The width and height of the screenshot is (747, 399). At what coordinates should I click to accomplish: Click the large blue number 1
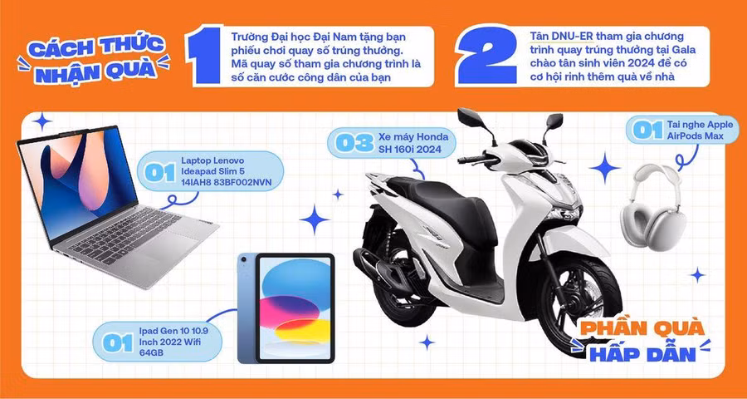tap(204, 56)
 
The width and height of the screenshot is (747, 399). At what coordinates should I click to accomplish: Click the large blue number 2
tap(487, 56)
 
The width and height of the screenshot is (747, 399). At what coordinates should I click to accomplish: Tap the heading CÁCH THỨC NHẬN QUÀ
tap(95, 60)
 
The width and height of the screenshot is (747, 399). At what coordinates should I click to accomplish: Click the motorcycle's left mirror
tap(469, 117)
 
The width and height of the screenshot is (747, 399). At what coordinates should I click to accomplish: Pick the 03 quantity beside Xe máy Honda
tap(354, 143)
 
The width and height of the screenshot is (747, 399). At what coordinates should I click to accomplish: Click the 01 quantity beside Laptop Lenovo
tap(160, 172)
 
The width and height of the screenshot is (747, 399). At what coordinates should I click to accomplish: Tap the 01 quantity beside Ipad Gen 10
tap(117, 342)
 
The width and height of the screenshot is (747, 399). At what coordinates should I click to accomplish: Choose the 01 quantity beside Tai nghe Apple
tap(647, 130)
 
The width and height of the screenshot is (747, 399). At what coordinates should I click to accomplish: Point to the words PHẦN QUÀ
tap(642, 329)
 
